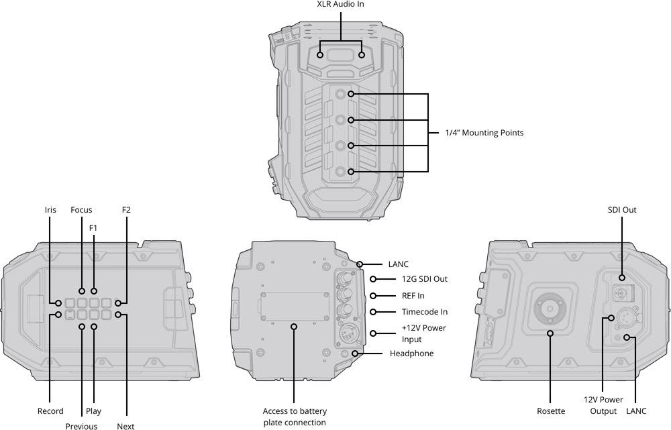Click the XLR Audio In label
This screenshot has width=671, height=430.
coord(341,4)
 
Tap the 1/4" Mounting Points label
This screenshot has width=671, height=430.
coord(484,133)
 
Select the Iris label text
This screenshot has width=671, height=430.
coord(50,210)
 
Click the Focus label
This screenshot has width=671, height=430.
coord(81,210)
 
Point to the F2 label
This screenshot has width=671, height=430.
coord(126,210)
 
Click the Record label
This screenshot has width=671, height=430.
coord(50,411)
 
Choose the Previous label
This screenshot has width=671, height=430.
coord(81,426)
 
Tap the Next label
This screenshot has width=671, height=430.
coord(125,426)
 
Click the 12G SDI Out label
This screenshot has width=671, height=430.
coord(425,279)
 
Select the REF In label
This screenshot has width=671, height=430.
coord(413,296)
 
